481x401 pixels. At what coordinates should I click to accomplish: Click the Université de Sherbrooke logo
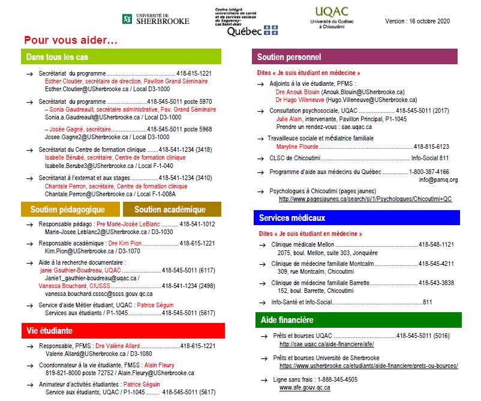(x=155, y=19)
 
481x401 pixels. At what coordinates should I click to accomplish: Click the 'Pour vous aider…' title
(x=71, y=40)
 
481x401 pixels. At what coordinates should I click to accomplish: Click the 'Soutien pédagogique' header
(x=68, y=210)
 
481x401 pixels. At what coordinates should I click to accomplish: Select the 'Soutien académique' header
(x=170, y=210)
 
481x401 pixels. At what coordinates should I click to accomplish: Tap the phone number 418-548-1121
(x=436, y=244)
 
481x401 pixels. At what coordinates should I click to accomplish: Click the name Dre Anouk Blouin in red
(x=297, y=92)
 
